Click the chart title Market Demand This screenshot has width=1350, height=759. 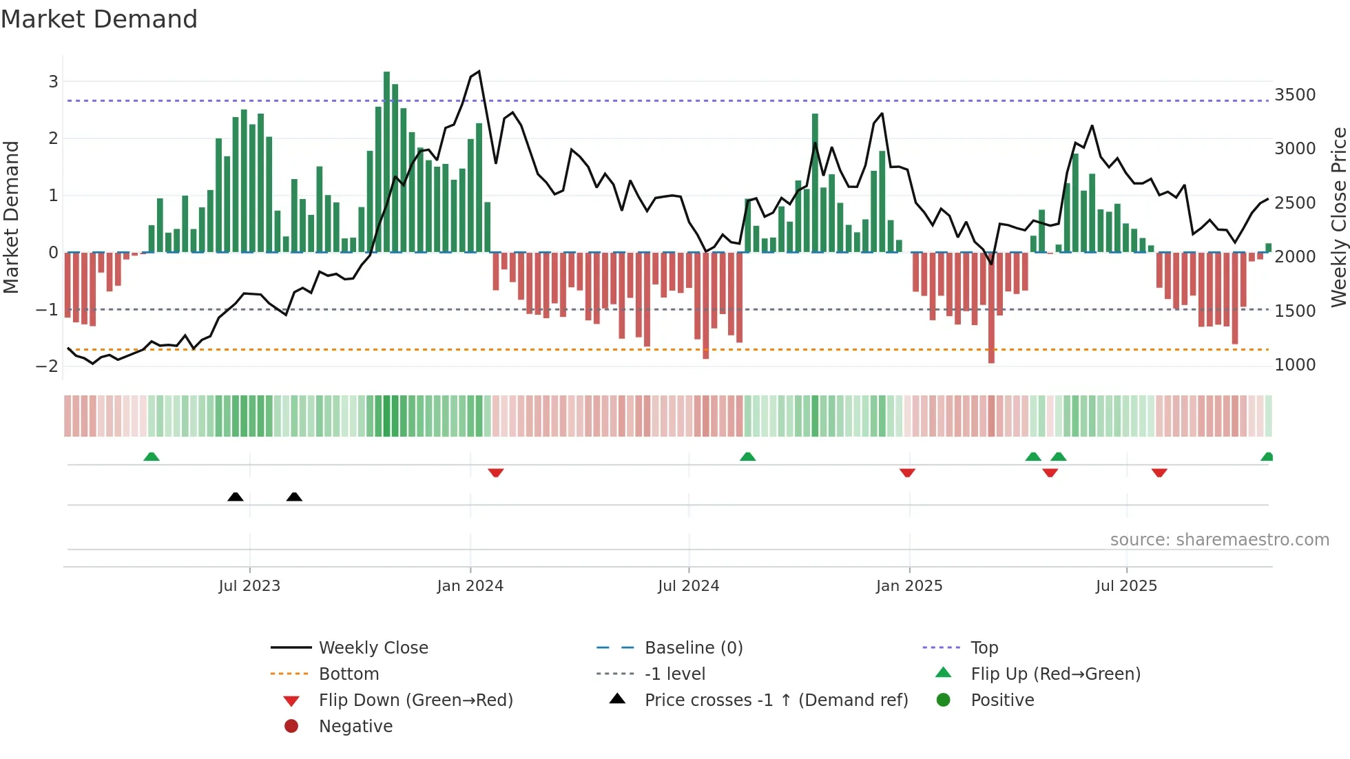[99, 19]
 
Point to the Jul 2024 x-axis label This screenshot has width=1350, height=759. [688, 586]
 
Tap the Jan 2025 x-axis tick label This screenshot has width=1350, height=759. [908, 586]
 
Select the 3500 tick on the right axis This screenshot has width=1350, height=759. [1294, 95]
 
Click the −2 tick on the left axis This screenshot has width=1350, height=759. [47, 366]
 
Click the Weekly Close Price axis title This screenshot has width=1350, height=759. [1338, 217]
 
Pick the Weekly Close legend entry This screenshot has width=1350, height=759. [373, 648]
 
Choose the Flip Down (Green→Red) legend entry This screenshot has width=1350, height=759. [415, 700]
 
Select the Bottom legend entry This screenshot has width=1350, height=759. [349, 674]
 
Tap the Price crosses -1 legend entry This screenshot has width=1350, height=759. [776, 700]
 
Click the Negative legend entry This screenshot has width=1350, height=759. [355, 727]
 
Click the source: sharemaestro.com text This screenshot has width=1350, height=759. [1219, 540]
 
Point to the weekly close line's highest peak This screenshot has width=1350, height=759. [479, 72]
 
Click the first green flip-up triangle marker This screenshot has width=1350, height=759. [152, 457]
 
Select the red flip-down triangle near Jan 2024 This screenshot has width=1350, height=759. [496, 472]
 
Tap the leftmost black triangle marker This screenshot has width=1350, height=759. [236, 497]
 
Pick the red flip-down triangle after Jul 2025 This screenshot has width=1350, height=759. [1159, 472]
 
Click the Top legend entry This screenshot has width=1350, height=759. [984, 648]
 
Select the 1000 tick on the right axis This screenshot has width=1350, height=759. [1294, 365]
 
